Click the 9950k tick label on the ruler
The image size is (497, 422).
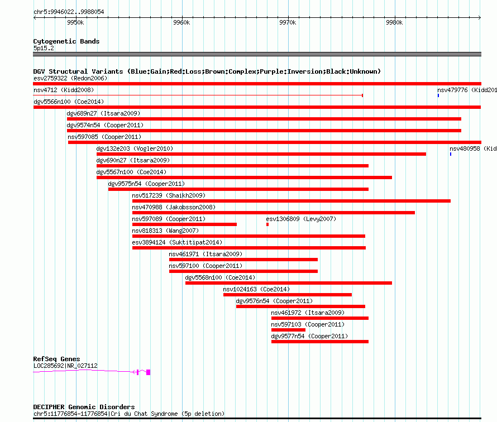click(x=75, y=22)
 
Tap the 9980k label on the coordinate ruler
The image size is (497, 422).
click(x=394, y=22)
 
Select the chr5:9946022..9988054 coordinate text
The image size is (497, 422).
click(x=69, y=12)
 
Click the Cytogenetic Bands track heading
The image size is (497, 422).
click(x=66, y=41)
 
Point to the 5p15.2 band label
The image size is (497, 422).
click(x=44, y=48)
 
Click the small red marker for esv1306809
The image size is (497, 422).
click(x=267, y=224)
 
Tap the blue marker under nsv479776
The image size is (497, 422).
click(x=438, y=95)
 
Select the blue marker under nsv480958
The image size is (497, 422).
click(x=451, y=154)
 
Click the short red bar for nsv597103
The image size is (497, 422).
click(x=288, y=330)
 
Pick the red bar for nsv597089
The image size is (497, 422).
click(x=184, y=224)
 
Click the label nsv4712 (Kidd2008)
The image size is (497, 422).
click(x=64, y=90)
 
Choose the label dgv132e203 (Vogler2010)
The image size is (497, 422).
click(x=135, y=148)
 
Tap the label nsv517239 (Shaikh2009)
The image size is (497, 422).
click(x=169, y=195)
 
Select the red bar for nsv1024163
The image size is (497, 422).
click(x=288, y=295)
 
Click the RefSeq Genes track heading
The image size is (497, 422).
click(x=56, y=359)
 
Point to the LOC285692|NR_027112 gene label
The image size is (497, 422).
click(x=65, y=366)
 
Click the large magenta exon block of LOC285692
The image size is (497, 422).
click(x=148, y=372)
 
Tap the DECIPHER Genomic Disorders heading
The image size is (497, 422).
click(x=84, y=407)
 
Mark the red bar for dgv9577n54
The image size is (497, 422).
click(x=320, y=342)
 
